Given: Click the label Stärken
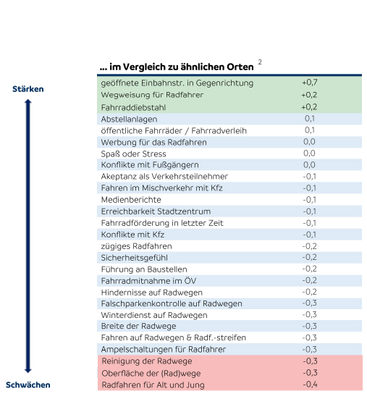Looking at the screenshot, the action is pyautogui.click(x=28, y=89).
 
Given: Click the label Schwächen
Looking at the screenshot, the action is pyautogui.click(x=28, y=385).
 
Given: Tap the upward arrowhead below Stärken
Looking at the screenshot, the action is pyautogui.click(x=28, y=101).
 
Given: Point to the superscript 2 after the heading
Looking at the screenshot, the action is pyautogui.click(x=260, y=62).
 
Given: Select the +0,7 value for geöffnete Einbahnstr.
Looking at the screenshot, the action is pyautogui.click(x=310, y=83).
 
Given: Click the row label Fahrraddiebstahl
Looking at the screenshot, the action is pyautogui.click(x=133, y=107).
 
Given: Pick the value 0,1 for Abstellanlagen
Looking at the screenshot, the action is pyautogui.click(x=310, y=119).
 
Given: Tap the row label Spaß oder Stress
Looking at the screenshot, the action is pyautogui.click(x=133, y=154).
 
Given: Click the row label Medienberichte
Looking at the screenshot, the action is pyautogui.click(x=131, y=200).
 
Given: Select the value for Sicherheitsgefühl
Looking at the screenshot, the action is pyautogui.click(x=310, y=257).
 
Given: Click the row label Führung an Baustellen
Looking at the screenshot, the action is pyautogui.click(x=144, y=269).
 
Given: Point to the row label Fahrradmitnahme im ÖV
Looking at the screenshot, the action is pyautogui.click(x=148, y=281).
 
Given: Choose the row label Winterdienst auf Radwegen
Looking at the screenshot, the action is pyautogui.click(x=154, y=315).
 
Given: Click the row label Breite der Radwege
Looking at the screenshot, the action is pyautogui.click(x=138, y=326).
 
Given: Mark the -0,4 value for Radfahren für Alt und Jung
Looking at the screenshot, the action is pyautogui.click(x=310, y=385).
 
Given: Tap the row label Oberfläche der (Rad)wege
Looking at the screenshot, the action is pyautogui.click(x=151, y=374).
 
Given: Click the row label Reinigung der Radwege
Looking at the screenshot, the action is pyautogui.click(x=147, y=361).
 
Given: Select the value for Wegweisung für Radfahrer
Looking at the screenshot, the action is pyautogui.click(x=309, y=95).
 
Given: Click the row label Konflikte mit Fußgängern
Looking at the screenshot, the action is pyautogui.click(x=150, y=165).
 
